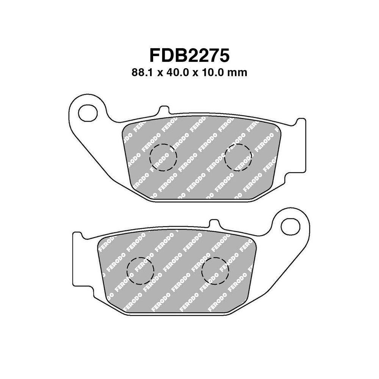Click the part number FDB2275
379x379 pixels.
click(x=189, y=55)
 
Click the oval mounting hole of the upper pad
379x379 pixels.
click(x=88, y=112)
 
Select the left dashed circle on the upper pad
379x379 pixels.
click(x=163, y=157)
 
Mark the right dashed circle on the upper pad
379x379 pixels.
click(x=238, y=157)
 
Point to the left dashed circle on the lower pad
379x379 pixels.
click(x=140, y=271)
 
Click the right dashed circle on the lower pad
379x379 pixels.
click(x=215, y=271)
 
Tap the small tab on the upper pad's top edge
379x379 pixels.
click(x=164, y=111)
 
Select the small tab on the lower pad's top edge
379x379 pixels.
click(x=215, y=224)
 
